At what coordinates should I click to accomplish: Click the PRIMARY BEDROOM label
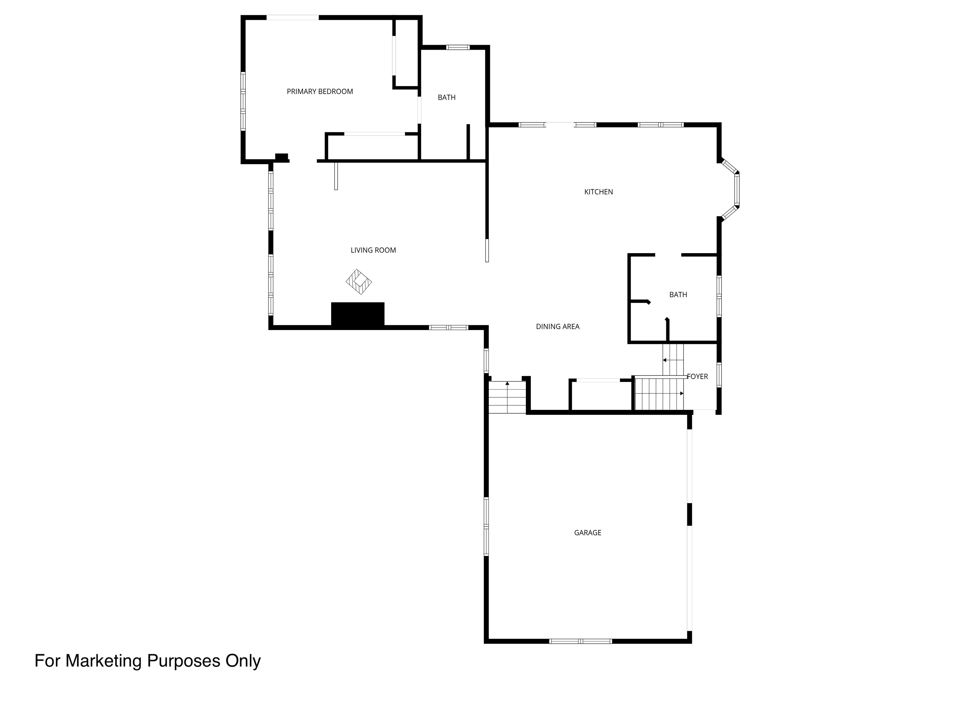320,92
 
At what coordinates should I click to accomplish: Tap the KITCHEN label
598,192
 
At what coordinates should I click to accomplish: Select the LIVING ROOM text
373,250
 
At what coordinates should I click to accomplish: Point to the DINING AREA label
558,326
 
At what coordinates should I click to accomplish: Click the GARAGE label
587,533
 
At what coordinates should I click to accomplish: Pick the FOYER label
698,377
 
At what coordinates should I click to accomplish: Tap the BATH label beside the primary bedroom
447,98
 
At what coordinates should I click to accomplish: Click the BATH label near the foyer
678,295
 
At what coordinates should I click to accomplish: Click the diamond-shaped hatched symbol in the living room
359,282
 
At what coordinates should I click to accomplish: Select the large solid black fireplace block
358,314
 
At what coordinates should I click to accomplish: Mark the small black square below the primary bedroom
281,157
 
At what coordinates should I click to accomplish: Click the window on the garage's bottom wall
580,641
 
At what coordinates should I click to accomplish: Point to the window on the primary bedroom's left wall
243,101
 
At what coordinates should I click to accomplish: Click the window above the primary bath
458,48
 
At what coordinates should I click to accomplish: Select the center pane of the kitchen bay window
737,190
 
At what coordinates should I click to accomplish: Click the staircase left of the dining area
507,397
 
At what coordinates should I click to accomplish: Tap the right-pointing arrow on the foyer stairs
682,393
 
